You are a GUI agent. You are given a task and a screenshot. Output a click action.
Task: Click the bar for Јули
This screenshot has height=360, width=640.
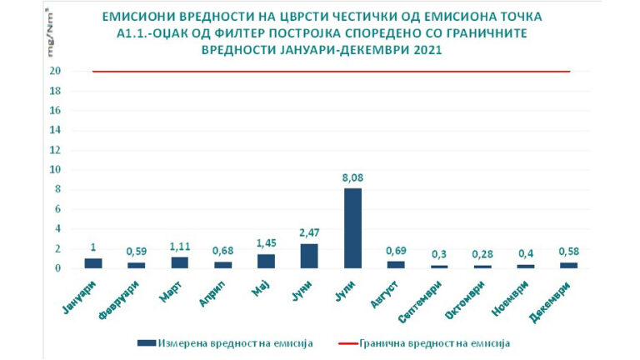(353, 228)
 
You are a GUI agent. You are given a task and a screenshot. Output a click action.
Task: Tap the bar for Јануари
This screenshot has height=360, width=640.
(93, 263)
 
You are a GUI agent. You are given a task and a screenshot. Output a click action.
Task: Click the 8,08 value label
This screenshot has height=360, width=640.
(353, 177)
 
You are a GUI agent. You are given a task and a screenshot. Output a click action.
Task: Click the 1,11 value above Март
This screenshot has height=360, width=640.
(180, 247)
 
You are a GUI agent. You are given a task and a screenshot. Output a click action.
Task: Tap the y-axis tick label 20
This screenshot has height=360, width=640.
(55, 72)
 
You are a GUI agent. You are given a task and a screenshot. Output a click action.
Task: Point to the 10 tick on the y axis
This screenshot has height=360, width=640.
(55, 170)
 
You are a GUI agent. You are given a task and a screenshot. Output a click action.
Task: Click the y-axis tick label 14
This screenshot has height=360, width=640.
(55, 131)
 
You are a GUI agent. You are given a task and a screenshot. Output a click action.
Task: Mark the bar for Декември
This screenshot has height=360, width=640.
(570, 265)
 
